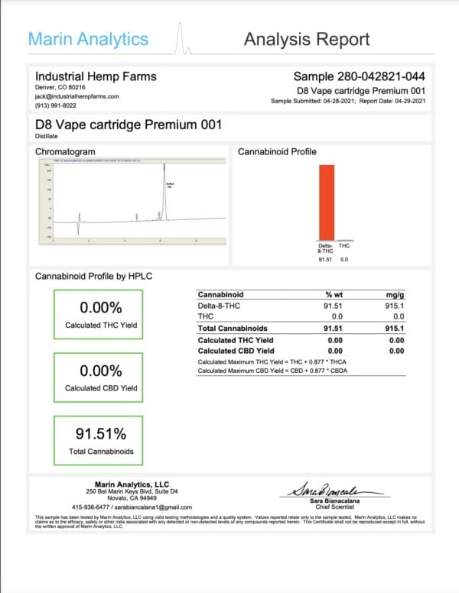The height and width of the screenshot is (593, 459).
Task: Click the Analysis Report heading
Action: click(x=306, y=40)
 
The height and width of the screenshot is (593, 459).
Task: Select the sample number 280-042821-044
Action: click(x=360, y=76)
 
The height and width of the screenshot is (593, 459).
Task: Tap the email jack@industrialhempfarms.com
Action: click(x=76, y=97)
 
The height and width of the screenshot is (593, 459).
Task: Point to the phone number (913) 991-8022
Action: click(x=55, y=106)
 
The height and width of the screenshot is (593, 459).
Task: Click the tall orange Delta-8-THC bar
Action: click(x=327, y=202)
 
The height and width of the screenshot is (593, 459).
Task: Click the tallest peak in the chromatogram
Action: click(x=164, y=191)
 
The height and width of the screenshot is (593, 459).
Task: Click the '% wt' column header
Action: click(x=334, y=294)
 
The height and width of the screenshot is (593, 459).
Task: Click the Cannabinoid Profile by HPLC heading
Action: click(x=94, y=275)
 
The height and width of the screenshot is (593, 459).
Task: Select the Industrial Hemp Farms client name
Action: click(x=96, y=76)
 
